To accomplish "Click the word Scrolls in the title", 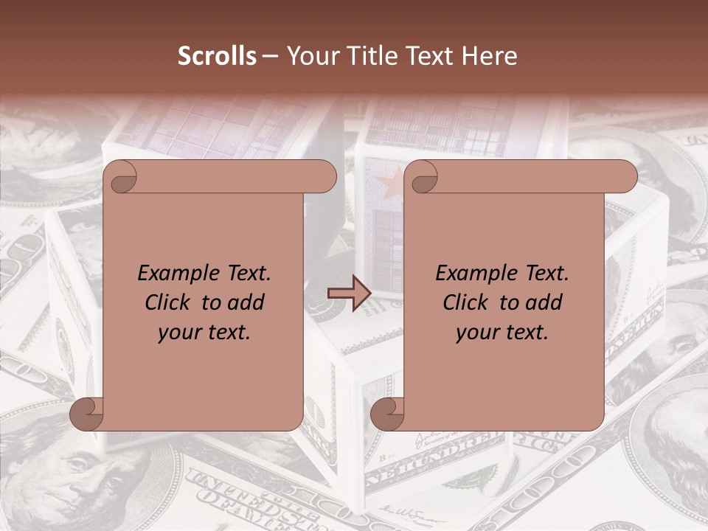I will click(x=218, y=56).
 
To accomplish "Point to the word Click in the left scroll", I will click(x=167, y=303).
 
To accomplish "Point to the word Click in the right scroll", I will click(x=465, y=303).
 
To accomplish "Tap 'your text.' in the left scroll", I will click(x=204, y=333).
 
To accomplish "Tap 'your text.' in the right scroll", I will click(x=502, y=333).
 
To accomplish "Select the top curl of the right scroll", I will click(x=423, y=177).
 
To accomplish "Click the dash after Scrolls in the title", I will click(x=271, y=56).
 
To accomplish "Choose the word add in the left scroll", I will click(x=244, y=303).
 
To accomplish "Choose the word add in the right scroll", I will click(x=542, y=303).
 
